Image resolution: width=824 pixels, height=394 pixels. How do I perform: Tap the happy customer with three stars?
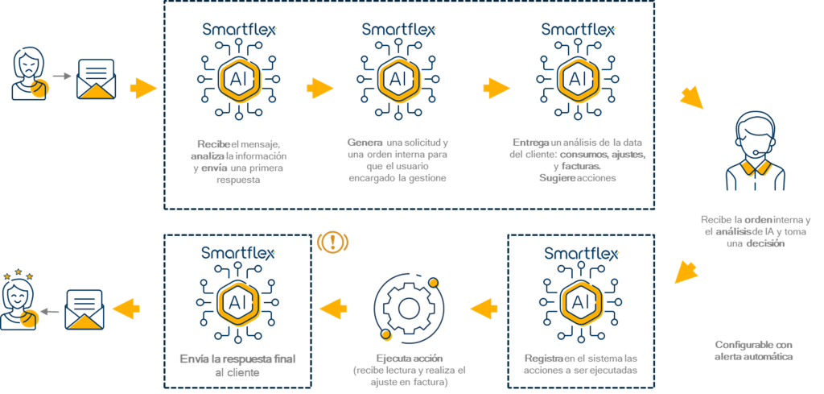(x=19, y=301)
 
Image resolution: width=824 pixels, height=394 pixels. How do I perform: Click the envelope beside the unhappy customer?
(x=97, y=79)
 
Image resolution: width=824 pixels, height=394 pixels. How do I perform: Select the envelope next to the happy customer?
(x=84, y=309)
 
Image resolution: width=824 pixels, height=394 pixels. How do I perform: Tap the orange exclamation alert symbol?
(x=332, y=242)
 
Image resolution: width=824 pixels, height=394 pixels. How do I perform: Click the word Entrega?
(x=531, y=143)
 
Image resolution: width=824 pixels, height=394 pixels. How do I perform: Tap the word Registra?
(x=544, y=359)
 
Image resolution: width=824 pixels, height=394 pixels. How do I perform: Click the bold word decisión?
(x=766, y=243)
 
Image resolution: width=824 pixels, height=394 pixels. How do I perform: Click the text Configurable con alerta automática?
(x=753, y=350)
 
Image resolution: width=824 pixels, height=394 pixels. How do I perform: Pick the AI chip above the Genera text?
(x=398, y=78)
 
